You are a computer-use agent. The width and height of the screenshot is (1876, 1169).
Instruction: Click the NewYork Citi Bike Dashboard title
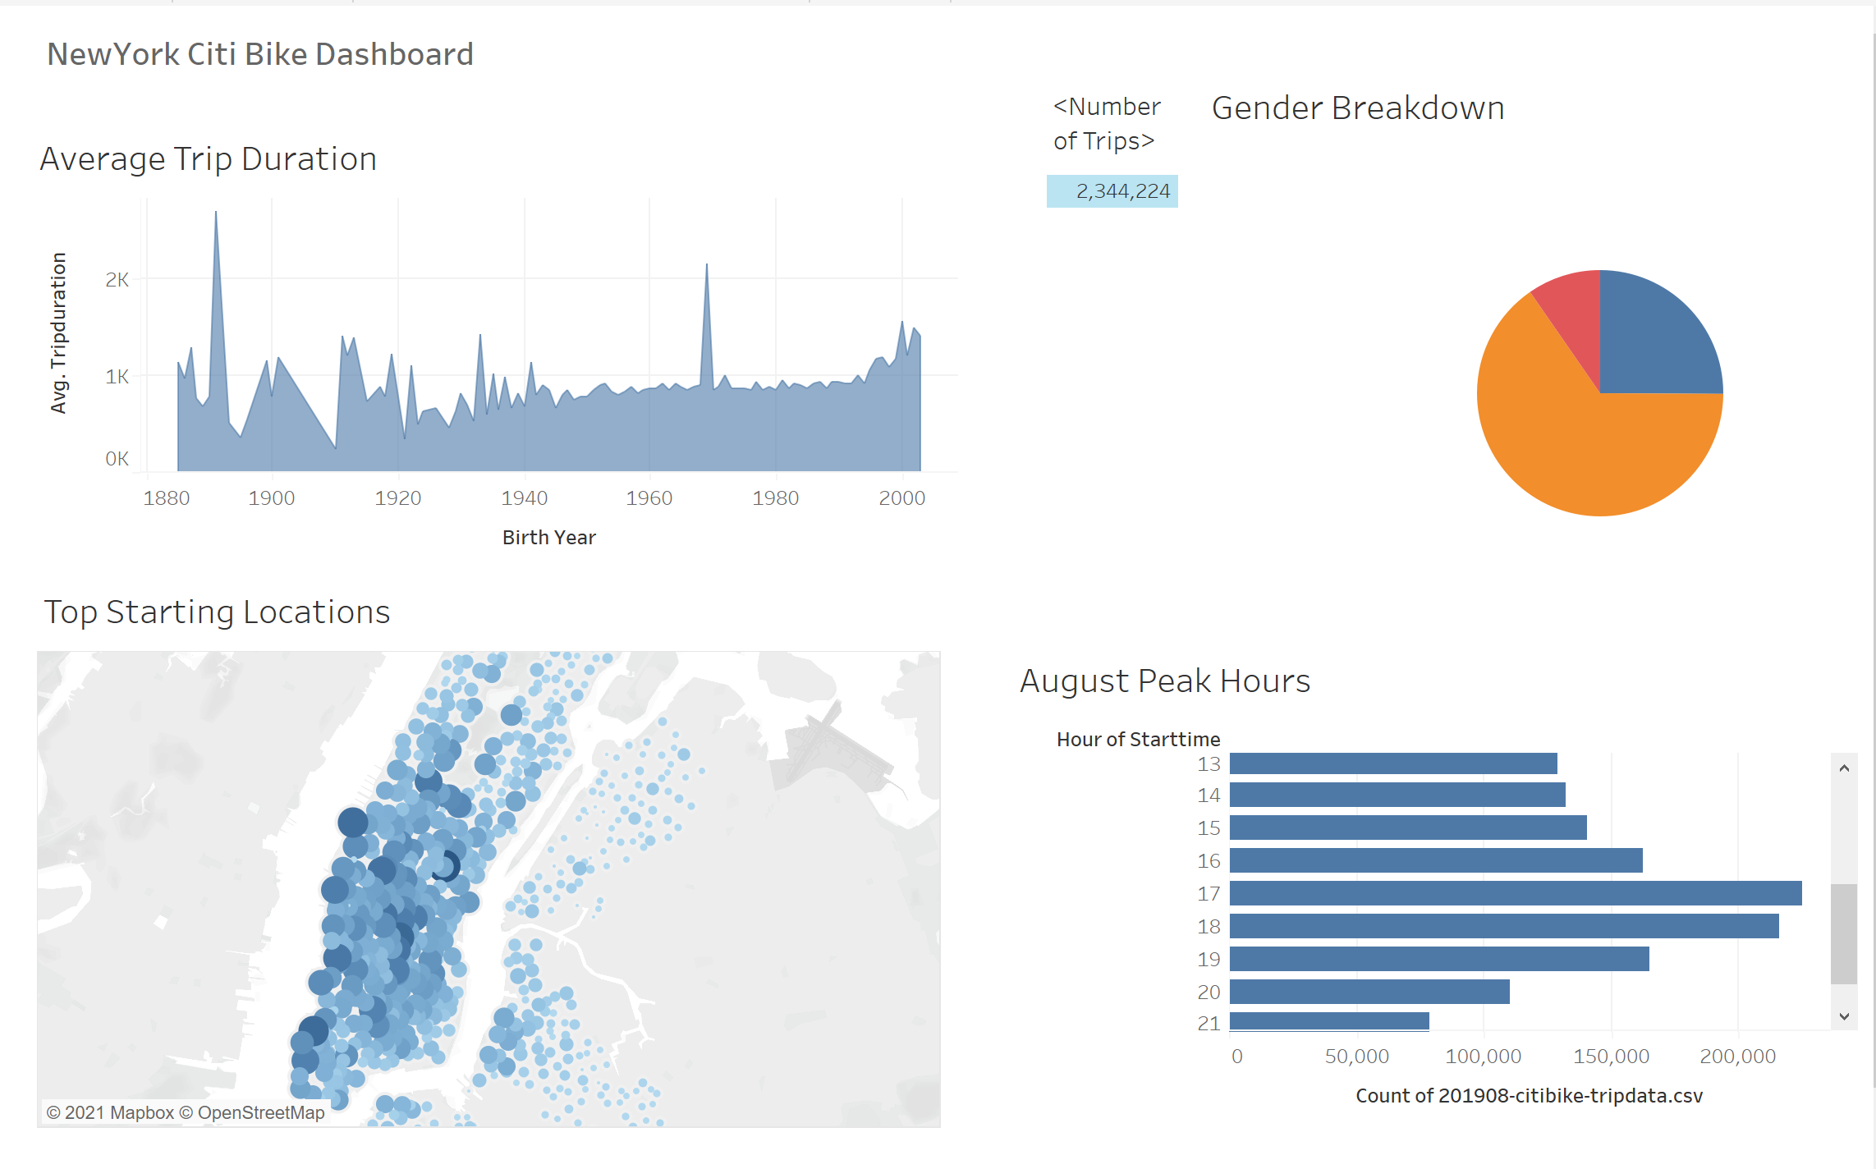coord(259,54)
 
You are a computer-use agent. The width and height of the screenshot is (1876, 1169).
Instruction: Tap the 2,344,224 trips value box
coord(1112,191)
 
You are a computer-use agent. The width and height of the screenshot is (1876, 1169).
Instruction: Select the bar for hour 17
coord(1515,893)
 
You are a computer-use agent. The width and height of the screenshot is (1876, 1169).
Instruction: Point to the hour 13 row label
coord(1208,764)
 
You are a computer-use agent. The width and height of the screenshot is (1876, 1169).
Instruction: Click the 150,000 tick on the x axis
coord(1611,1057)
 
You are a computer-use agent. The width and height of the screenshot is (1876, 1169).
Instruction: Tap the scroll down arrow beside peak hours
coord(1844,1016)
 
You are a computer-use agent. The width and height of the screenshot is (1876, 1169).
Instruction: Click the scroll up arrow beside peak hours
coord(1844,768)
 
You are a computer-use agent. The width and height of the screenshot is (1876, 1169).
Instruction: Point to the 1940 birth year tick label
coord(524,498)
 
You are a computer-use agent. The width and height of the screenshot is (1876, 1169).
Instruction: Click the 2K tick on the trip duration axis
coord(117,280)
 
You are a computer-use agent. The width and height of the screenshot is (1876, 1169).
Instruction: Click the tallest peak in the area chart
coord(216,215)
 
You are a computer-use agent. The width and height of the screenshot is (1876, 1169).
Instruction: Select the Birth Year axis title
coord(548,538)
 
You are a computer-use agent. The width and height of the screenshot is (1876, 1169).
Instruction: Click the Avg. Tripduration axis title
coord(58,332)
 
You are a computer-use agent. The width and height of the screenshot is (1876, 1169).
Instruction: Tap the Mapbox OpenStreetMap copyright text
coord(186,1112)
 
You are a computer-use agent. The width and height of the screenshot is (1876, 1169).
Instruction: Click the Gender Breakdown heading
coord(1357,108)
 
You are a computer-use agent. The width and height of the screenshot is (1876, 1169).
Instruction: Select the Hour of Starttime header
coord(1137,740)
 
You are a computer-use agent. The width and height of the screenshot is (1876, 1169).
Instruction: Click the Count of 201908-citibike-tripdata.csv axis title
coord(1528,1096)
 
